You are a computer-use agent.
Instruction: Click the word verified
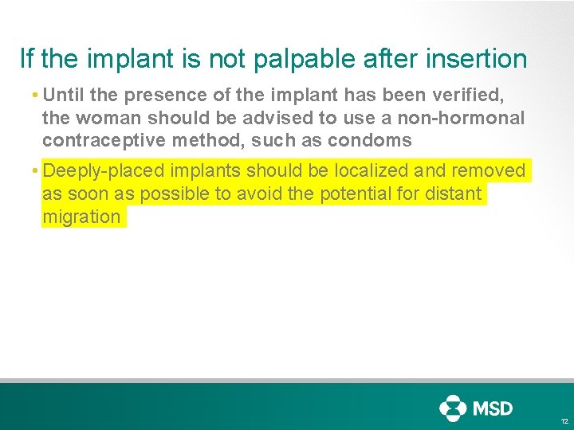tap(475, 95)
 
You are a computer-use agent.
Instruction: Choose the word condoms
tap(373, 141)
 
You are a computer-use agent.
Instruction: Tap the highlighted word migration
tap(81, 217)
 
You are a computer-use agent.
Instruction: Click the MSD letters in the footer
tap(493, 408)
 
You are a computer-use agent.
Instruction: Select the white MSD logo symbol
tap(453, 408)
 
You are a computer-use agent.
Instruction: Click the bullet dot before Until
tap(37, 96)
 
